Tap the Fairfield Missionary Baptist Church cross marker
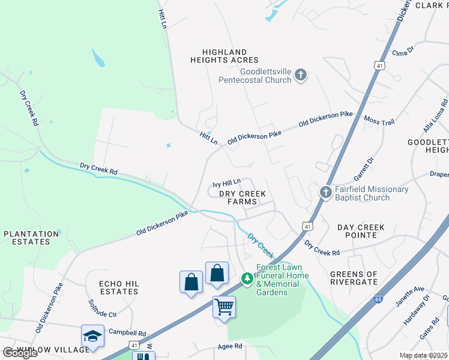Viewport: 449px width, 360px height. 325,193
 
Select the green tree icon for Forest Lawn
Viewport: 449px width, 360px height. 247,278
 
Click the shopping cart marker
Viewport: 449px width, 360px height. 224,307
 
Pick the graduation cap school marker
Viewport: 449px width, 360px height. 93,336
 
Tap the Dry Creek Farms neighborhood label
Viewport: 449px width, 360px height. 242,198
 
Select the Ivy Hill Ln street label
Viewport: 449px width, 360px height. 227,181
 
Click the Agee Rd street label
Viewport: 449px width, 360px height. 229,346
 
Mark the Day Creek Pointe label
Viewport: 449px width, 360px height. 361,232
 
